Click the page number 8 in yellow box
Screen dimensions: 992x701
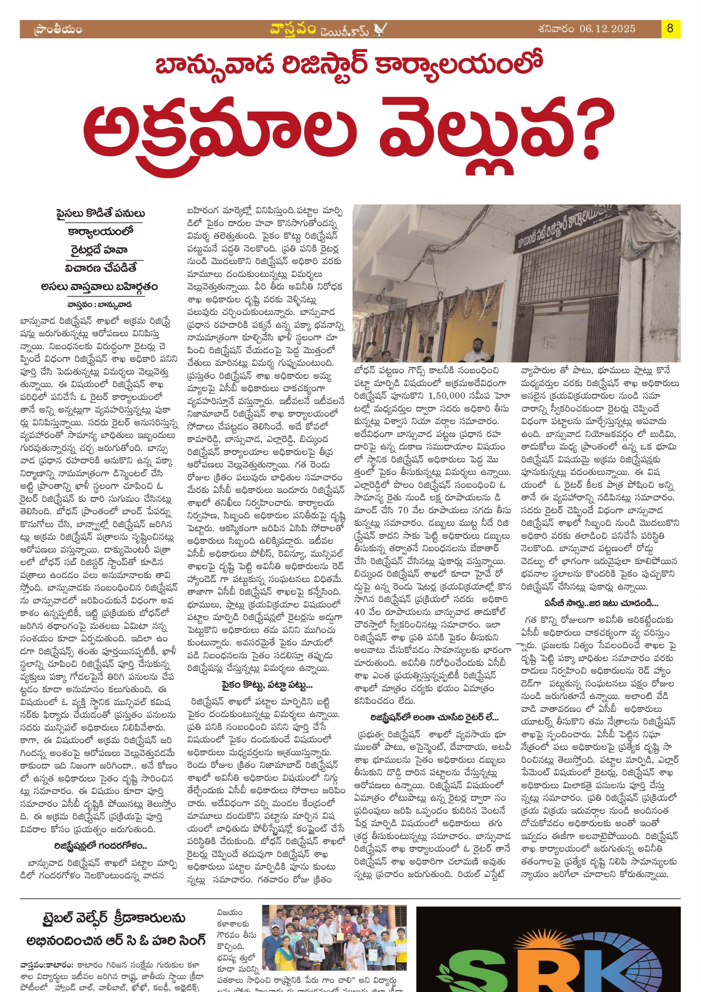(x=670, y=29)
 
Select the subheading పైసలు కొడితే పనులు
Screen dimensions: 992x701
(x=100, y=214)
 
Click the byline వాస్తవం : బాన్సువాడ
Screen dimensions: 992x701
(x=99, y=304)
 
